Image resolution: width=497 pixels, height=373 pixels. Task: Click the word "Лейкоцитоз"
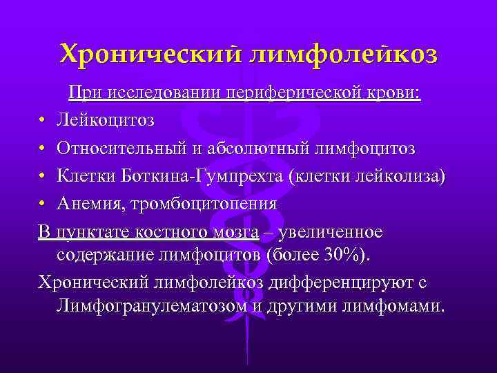tap(106, 121)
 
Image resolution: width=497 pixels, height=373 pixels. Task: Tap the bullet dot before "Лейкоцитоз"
tap(43, 122)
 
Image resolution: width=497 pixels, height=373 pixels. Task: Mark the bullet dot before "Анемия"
tap(43, 204)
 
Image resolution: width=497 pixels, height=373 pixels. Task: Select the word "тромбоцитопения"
tap(198, 204)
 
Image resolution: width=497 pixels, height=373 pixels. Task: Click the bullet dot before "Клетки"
tap(43, 177)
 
